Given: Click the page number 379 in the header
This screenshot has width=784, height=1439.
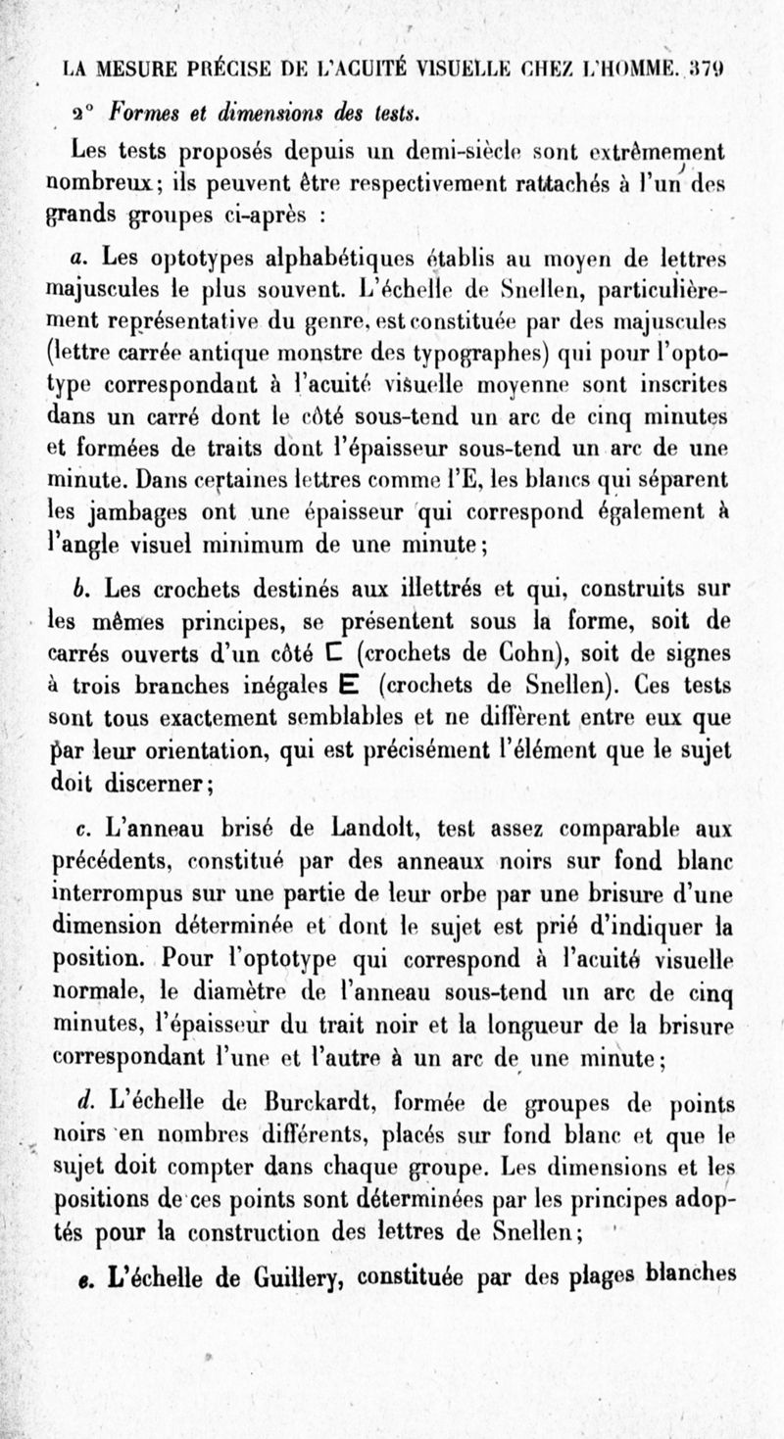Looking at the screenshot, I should (708, 69).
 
